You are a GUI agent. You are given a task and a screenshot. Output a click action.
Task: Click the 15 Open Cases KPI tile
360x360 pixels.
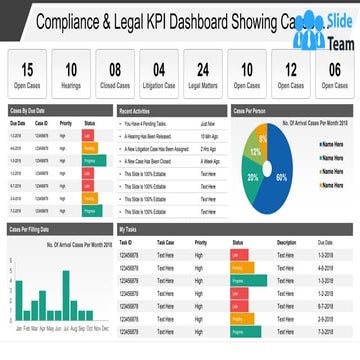(x=28, y=75)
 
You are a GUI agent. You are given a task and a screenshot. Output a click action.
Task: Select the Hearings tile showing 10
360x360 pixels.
(x=72, y=75)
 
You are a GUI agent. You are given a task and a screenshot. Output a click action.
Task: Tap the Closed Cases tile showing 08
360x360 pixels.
(x=116, y=75)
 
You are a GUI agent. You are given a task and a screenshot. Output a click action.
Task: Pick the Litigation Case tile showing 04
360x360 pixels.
(x=159, y=75)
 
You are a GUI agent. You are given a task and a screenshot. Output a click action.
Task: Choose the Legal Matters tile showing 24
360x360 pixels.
(x=203, y=75)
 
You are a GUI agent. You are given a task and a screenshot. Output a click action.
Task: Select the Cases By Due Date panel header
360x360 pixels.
(x=30, y=109)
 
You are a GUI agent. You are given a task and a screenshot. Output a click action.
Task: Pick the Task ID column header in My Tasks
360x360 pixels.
(x=126, y=243)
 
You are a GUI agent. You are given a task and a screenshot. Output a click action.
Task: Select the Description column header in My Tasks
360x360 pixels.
(x=287, y=243)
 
